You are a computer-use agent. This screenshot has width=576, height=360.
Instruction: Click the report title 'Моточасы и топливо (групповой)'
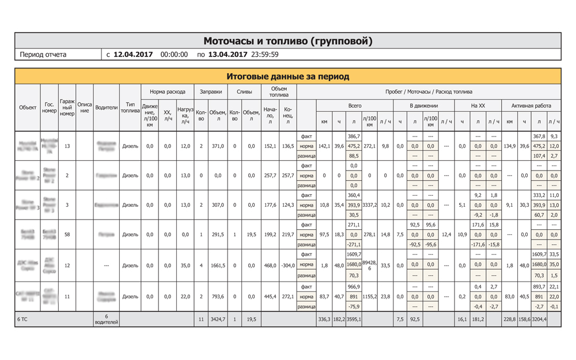pyautogui.click(x=287, y=41)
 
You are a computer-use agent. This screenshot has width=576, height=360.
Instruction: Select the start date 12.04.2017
pyautogui.click(x=133, y=55)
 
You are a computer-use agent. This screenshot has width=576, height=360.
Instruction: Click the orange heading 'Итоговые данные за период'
pyautogui.click(x=287, y=76)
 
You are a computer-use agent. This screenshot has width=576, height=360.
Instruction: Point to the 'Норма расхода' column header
pyautogui.click(x=167, y=92)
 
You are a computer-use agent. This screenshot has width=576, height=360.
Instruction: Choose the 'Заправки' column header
pyautogui.click(x=210, y=92)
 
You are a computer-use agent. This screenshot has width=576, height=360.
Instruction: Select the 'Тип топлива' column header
pyautogui.click(x=130, y=108)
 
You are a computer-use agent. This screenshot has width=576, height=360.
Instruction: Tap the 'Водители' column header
pyautogui.click(x=106, y=108)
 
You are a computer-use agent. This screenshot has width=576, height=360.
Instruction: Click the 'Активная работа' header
pyautogui.click(x=530, y=106)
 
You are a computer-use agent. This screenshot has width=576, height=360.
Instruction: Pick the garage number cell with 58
pyautogui.click(x=67, y=234)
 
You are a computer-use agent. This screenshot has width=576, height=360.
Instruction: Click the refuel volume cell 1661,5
pyautogui.click(x=217, y=266)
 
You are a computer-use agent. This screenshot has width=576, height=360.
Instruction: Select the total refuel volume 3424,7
pyautogui.click(x=217, y=319)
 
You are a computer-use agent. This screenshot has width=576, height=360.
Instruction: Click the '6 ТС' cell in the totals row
pyautogui.click(x=23, y=319)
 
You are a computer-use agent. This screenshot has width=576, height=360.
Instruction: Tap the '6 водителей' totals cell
pyautogui.click(x=106, y=319)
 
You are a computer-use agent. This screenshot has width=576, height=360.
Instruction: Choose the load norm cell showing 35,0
pyautogui.click(x=185, y=266)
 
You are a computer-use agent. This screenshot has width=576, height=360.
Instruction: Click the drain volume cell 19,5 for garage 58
pyautogui.click(x=251, y=234)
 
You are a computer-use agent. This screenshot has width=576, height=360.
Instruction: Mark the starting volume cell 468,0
pyautogui.click(x=270, y=266)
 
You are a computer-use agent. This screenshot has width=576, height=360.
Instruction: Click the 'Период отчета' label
pyautogui.click(x=43, y=55)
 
